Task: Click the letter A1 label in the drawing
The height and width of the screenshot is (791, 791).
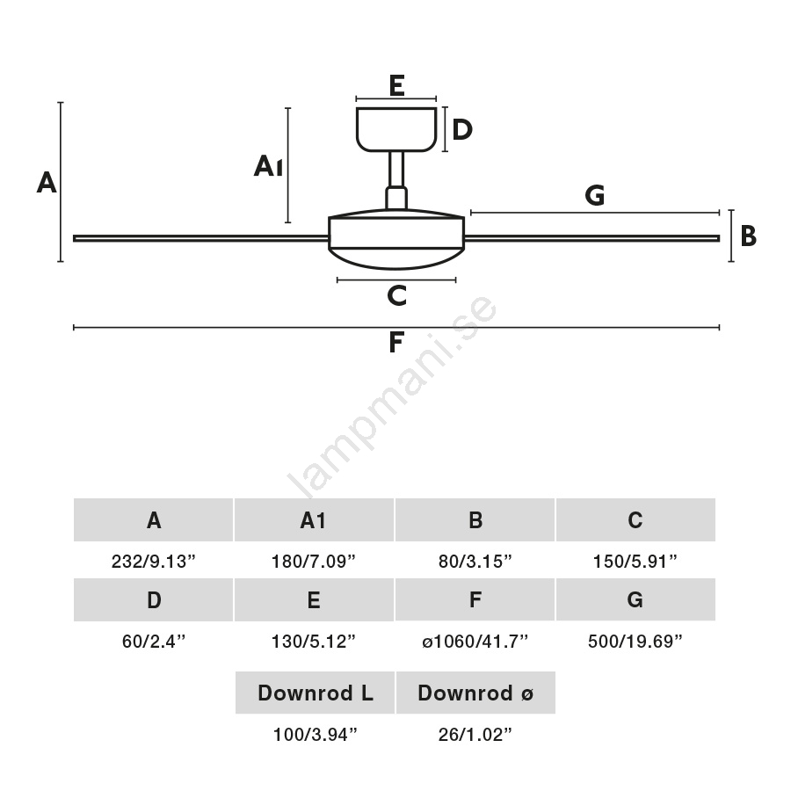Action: coord(268,166)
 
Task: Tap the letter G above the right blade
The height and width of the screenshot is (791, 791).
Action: coord(595,196)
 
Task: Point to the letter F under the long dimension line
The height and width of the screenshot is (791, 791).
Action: coord(396,343)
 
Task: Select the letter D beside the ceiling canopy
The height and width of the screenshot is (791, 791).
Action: coord(462,130)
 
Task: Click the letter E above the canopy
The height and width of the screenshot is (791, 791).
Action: coord(395,85)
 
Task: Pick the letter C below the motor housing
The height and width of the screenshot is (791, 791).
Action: coord(396,296)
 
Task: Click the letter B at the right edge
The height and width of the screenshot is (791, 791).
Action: coord(748,236)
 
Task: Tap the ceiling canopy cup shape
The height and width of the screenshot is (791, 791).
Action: coord(395,128)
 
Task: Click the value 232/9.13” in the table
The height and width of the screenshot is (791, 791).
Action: coord(154,562)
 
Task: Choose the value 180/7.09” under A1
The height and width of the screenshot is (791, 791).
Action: coord(314,562)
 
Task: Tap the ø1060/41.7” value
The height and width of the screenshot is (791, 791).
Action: coord(475,642)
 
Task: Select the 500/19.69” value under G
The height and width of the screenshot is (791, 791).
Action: coord(635,642)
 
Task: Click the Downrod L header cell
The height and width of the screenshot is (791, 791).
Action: coord(315,693)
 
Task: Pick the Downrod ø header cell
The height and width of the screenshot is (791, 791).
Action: coord(475,693)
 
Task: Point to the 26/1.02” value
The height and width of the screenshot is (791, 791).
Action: coord(475,735)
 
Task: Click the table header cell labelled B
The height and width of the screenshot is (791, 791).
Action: coord(475,520)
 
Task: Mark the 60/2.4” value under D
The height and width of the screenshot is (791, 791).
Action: coord(154,642)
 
